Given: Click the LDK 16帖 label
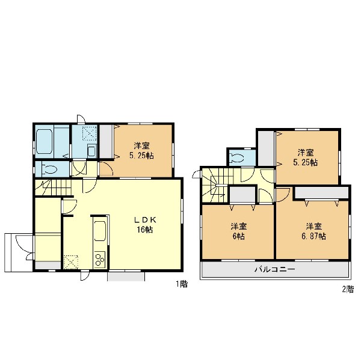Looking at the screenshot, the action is click(x=145, y=225).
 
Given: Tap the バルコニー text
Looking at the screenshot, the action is click(x=275, y=269).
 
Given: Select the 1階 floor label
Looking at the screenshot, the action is click(x=182, y=284).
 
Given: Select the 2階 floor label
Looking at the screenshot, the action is click(x=348, y=289).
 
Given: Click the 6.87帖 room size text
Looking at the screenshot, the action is click(x=314, y=236).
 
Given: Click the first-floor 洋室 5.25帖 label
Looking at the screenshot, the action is click(x=141, y=151).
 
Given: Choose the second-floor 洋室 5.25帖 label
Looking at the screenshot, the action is click(x=306, y=157).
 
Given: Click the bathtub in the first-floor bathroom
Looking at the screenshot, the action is click(x=44, y=141).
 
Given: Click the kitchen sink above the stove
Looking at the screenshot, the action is click(x=100, y=231).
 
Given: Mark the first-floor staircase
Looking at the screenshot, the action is click(x=53, y=188).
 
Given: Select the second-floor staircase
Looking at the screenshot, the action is click(x=217, y=185).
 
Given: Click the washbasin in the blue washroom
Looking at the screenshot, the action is click(x=91, y=151).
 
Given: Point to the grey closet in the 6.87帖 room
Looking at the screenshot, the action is click(x=322, y=192).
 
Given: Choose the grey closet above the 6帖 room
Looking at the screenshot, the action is click(x=242, y=195).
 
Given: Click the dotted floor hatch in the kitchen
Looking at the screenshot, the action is click(x=70, y=262).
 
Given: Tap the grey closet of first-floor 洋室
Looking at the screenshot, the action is click(x=106, y=141).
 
